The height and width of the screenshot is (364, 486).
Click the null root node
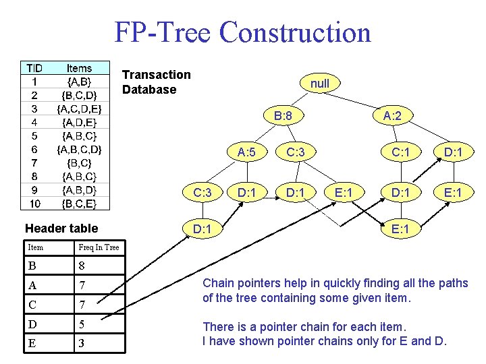pos(320,83)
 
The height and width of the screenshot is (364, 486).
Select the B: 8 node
pos(283,117)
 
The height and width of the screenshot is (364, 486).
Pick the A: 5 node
pos(246,152)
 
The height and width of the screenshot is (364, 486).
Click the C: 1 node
pos(402,152)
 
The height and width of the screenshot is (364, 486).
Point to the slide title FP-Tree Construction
pos(243,32)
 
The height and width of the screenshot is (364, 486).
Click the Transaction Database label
pos(157,82)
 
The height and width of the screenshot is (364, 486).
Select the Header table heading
pos(61,229)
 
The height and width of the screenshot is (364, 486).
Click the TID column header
pos(34,68)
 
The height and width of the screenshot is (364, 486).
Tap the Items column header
pos(80,68)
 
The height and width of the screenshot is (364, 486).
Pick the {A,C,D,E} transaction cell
pos(80,109)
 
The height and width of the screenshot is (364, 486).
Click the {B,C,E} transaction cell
pos(80,203)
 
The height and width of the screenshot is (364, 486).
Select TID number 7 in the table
pos(34,162)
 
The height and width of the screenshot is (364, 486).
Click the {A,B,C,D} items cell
pos(80,149)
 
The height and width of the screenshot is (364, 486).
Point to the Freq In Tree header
pos(99,247)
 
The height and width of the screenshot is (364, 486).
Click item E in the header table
pos(32,344)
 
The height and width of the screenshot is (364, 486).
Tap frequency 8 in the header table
pos(82,266)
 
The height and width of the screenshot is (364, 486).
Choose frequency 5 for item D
pos(82,325)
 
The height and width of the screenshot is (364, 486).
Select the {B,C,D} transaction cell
pos(80,95)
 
